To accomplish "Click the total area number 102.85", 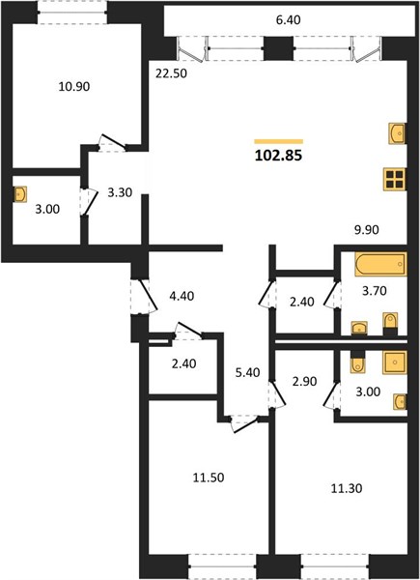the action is click(278, 156).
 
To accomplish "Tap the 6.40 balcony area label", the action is click(288, 20).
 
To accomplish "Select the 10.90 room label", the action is click(74, 87).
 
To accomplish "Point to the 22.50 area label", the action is click(172, 73).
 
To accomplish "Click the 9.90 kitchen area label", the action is click(367, 230).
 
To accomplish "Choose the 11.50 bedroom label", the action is click(209, 478).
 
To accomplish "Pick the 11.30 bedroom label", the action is click(346, 488).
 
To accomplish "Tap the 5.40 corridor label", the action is click(247, 372).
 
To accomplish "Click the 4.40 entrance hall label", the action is click(182, 296).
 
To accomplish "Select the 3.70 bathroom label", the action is click(375, 291).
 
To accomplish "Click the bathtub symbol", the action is click(380, 264).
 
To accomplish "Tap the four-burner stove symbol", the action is click(395, 179).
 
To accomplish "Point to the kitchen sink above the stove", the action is click(398, 132).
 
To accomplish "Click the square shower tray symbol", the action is click(395, 362).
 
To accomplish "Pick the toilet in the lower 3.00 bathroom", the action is click(357, 362).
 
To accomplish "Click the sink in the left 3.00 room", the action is click(20, 194).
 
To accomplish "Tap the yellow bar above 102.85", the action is click(278, 141).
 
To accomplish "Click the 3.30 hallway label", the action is click(120, 192).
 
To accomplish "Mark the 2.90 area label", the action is click(304, 381).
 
